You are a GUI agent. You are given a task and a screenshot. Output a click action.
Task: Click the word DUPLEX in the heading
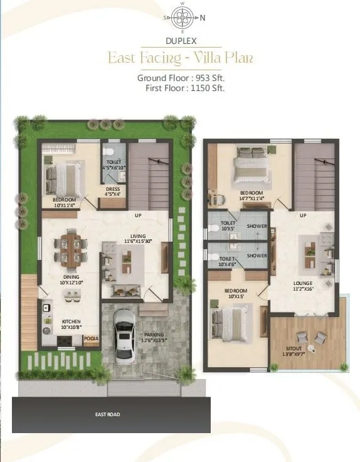(x=180, y=41)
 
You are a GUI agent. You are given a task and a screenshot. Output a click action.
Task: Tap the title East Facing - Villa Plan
(x=180, y=58)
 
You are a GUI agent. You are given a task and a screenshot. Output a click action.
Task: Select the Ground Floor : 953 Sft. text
(x=181, y=78)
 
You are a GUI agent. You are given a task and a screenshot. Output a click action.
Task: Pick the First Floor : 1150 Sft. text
(x=184, y=88)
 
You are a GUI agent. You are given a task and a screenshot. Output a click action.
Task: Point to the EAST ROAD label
(x=107, y=414)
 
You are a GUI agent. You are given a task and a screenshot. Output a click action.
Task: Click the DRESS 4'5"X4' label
(x=113, y=191)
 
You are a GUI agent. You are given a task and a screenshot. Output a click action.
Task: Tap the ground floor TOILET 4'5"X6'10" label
(x=114, y=164)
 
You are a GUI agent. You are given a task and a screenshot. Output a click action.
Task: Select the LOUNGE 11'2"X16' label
(x=303, y=286)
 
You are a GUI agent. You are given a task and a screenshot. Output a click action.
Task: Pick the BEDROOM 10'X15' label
(x=236, y=294)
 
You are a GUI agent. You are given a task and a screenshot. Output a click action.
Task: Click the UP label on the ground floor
(x=137, y=215)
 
